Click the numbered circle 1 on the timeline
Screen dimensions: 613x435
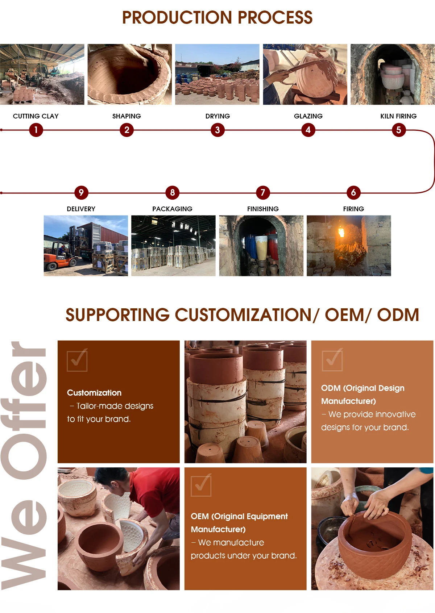pos(36,130)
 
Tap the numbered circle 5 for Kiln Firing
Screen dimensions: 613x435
pos(398,130)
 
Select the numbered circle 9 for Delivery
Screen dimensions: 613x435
pos(81,192)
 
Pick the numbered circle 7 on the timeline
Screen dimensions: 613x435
pos(263,192)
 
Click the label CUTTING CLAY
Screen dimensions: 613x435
pos(36,116)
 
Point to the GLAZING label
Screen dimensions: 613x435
pos(308,116)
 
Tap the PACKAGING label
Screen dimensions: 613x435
pos(172,209)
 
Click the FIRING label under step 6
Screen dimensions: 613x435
pos(353,209)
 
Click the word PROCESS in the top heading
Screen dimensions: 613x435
pos(275,17)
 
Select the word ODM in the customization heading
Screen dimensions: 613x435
pos(398,315)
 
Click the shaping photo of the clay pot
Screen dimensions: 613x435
pos(130,74)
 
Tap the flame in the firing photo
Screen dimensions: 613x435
pos(341,232)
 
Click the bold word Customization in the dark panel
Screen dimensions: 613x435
pos(94,393)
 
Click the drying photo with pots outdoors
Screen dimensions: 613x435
pos(217,74)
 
